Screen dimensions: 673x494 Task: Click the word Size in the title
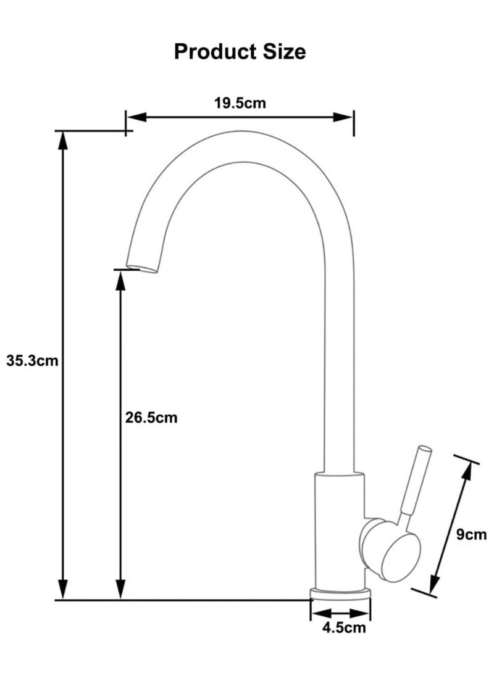pos(285,52)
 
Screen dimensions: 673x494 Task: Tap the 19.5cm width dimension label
pos(240,103)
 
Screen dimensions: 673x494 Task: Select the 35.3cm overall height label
pos(32,361)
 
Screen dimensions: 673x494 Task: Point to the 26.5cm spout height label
pos(151,418)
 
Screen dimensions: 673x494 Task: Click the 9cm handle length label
pos(471,534)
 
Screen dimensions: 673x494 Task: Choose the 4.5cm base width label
pos(343,629)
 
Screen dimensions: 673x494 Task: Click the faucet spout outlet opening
pos(141,268)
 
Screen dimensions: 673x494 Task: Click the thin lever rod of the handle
pos(414,481)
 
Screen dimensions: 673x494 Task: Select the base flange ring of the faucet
pos(340,593)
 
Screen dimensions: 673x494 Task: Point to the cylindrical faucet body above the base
pos(339,531)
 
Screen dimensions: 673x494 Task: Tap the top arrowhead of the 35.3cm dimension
pos(62,140)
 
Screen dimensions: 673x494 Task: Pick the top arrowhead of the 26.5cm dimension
pos(121,279)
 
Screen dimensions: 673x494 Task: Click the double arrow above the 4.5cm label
pos(340,614)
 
